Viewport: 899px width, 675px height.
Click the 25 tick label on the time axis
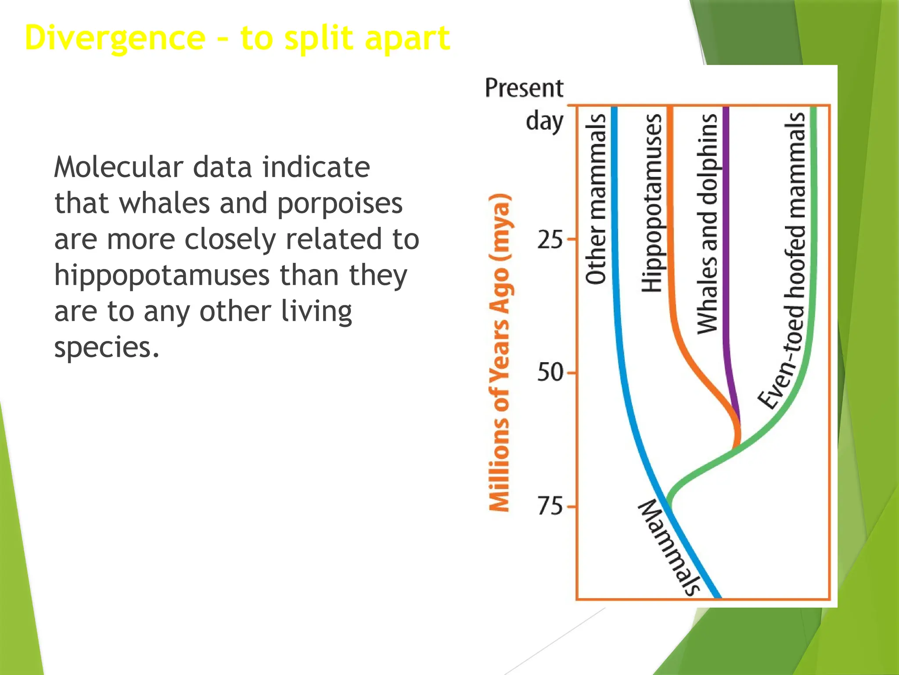click(550, 240)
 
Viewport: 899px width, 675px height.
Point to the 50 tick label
click(550, 373)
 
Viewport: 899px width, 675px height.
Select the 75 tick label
click(550, 506)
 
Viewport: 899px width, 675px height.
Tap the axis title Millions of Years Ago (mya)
click(500, 352)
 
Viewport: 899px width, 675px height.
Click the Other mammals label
click(596, 199)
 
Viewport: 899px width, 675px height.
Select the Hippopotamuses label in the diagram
click(652, 203)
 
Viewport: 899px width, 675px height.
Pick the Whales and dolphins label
click(707, 223)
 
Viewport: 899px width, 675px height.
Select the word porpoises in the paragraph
click(340, 203)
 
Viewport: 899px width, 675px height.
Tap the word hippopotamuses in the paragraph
click(162, 276)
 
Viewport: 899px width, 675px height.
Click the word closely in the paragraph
click(230, 240)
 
